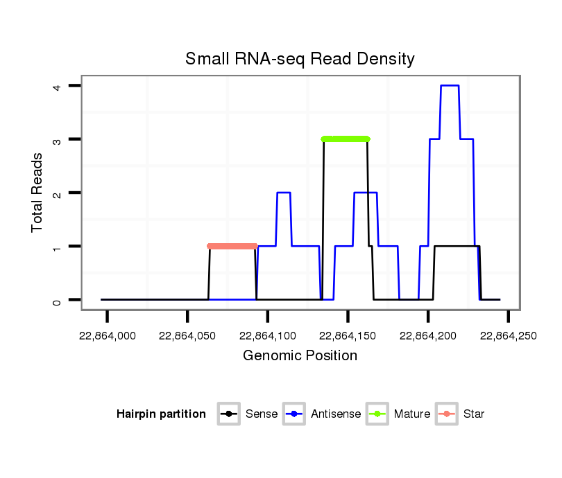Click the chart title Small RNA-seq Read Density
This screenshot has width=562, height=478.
pos(300,59)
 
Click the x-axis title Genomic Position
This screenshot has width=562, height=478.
pos(300,356)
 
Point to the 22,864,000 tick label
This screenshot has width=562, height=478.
pos(107,336)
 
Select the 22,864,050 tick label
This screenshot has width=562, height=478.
pos(187,336)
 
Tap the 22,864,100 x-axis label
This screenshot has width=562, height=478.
pos(268,336)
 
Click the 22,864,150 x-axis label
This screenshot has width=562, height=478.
pos(348,336)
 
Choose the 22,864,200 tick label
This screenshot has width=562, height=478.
pos(428,336)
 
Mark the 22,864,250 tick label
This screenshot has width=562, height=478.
pos(508,336)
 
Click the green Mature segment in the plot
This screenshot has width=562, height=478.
pos(346,139)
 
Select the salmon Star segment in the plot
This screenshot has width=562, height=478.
pos(232,246)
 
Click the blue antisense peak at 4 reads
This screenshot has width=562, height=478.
pos(450,86)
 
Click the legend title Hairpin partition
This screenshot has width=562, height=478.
pos(162,414)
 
